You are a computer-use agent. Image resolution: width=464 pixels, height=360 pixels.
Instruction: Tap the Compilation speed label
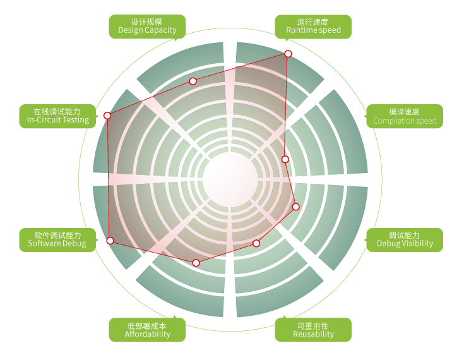click(405, 116)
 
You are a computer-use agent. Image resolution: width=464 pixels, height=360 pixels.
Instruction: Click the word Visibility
click(418, 244)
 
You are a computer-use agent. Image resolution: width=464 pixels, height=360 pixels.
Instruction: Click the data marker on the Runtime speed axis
click(289, 54)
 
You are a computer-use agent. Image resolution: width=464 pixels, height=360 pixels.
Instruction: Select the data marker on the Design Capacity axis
click(193, 81)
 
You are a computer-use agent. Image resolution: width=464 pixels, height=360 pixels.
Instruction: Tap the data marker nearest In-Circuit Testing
click(107, 116)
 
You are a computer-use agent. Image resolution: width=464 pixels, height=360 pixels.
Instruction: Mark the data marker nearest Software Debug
click(110, 241)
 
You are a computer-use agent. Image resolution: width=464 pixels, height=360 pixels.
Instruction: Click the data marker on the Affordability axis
click(196, 263)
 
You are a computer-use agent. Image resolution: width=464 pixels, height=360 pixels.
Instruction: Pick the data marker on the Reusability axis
click(256, 243)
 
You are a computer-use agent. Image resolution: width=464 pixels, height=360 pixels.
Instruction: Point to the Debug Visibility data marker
click(295, 207)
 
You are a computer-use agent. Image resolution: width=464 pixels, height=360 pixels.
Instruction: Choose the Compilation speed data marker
click(285, 159)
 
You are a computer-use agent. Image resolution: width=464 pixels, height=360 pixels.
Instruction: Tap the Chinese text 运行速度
click(313, 21)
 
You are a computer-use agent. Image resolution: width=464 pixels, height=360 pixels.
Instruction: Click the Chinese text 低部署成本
click(147, 325)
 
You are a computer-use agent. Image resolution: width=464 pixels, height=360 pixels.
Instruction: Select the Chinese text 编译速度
click(405, 111)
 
